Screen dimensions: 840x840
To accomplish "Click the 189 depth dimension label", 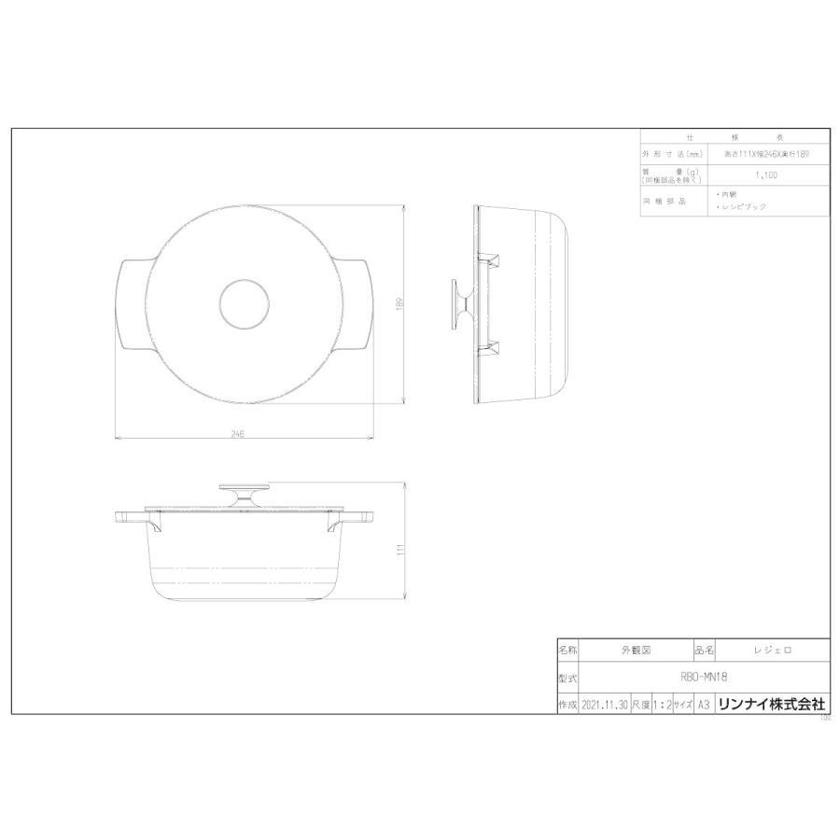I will tap(399, 303).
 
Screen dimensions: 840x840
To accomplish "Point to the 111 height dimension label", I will tap(399, 551).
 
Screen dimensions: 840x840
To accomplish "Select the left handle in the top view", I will tap(130, 304).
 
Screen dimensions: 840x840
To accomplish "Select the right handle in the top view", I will tap(358, 304).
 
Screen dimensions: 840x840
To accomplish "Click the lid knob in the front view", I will tap(245, 495).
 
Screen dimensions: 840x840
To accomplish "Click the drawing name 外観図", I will tap(636, 648).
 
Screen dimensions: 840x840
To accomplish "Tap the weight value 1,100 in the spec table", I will tap(767, 175).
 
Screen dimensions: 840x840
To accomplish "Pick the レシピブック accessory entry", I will tap(744, 207).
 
